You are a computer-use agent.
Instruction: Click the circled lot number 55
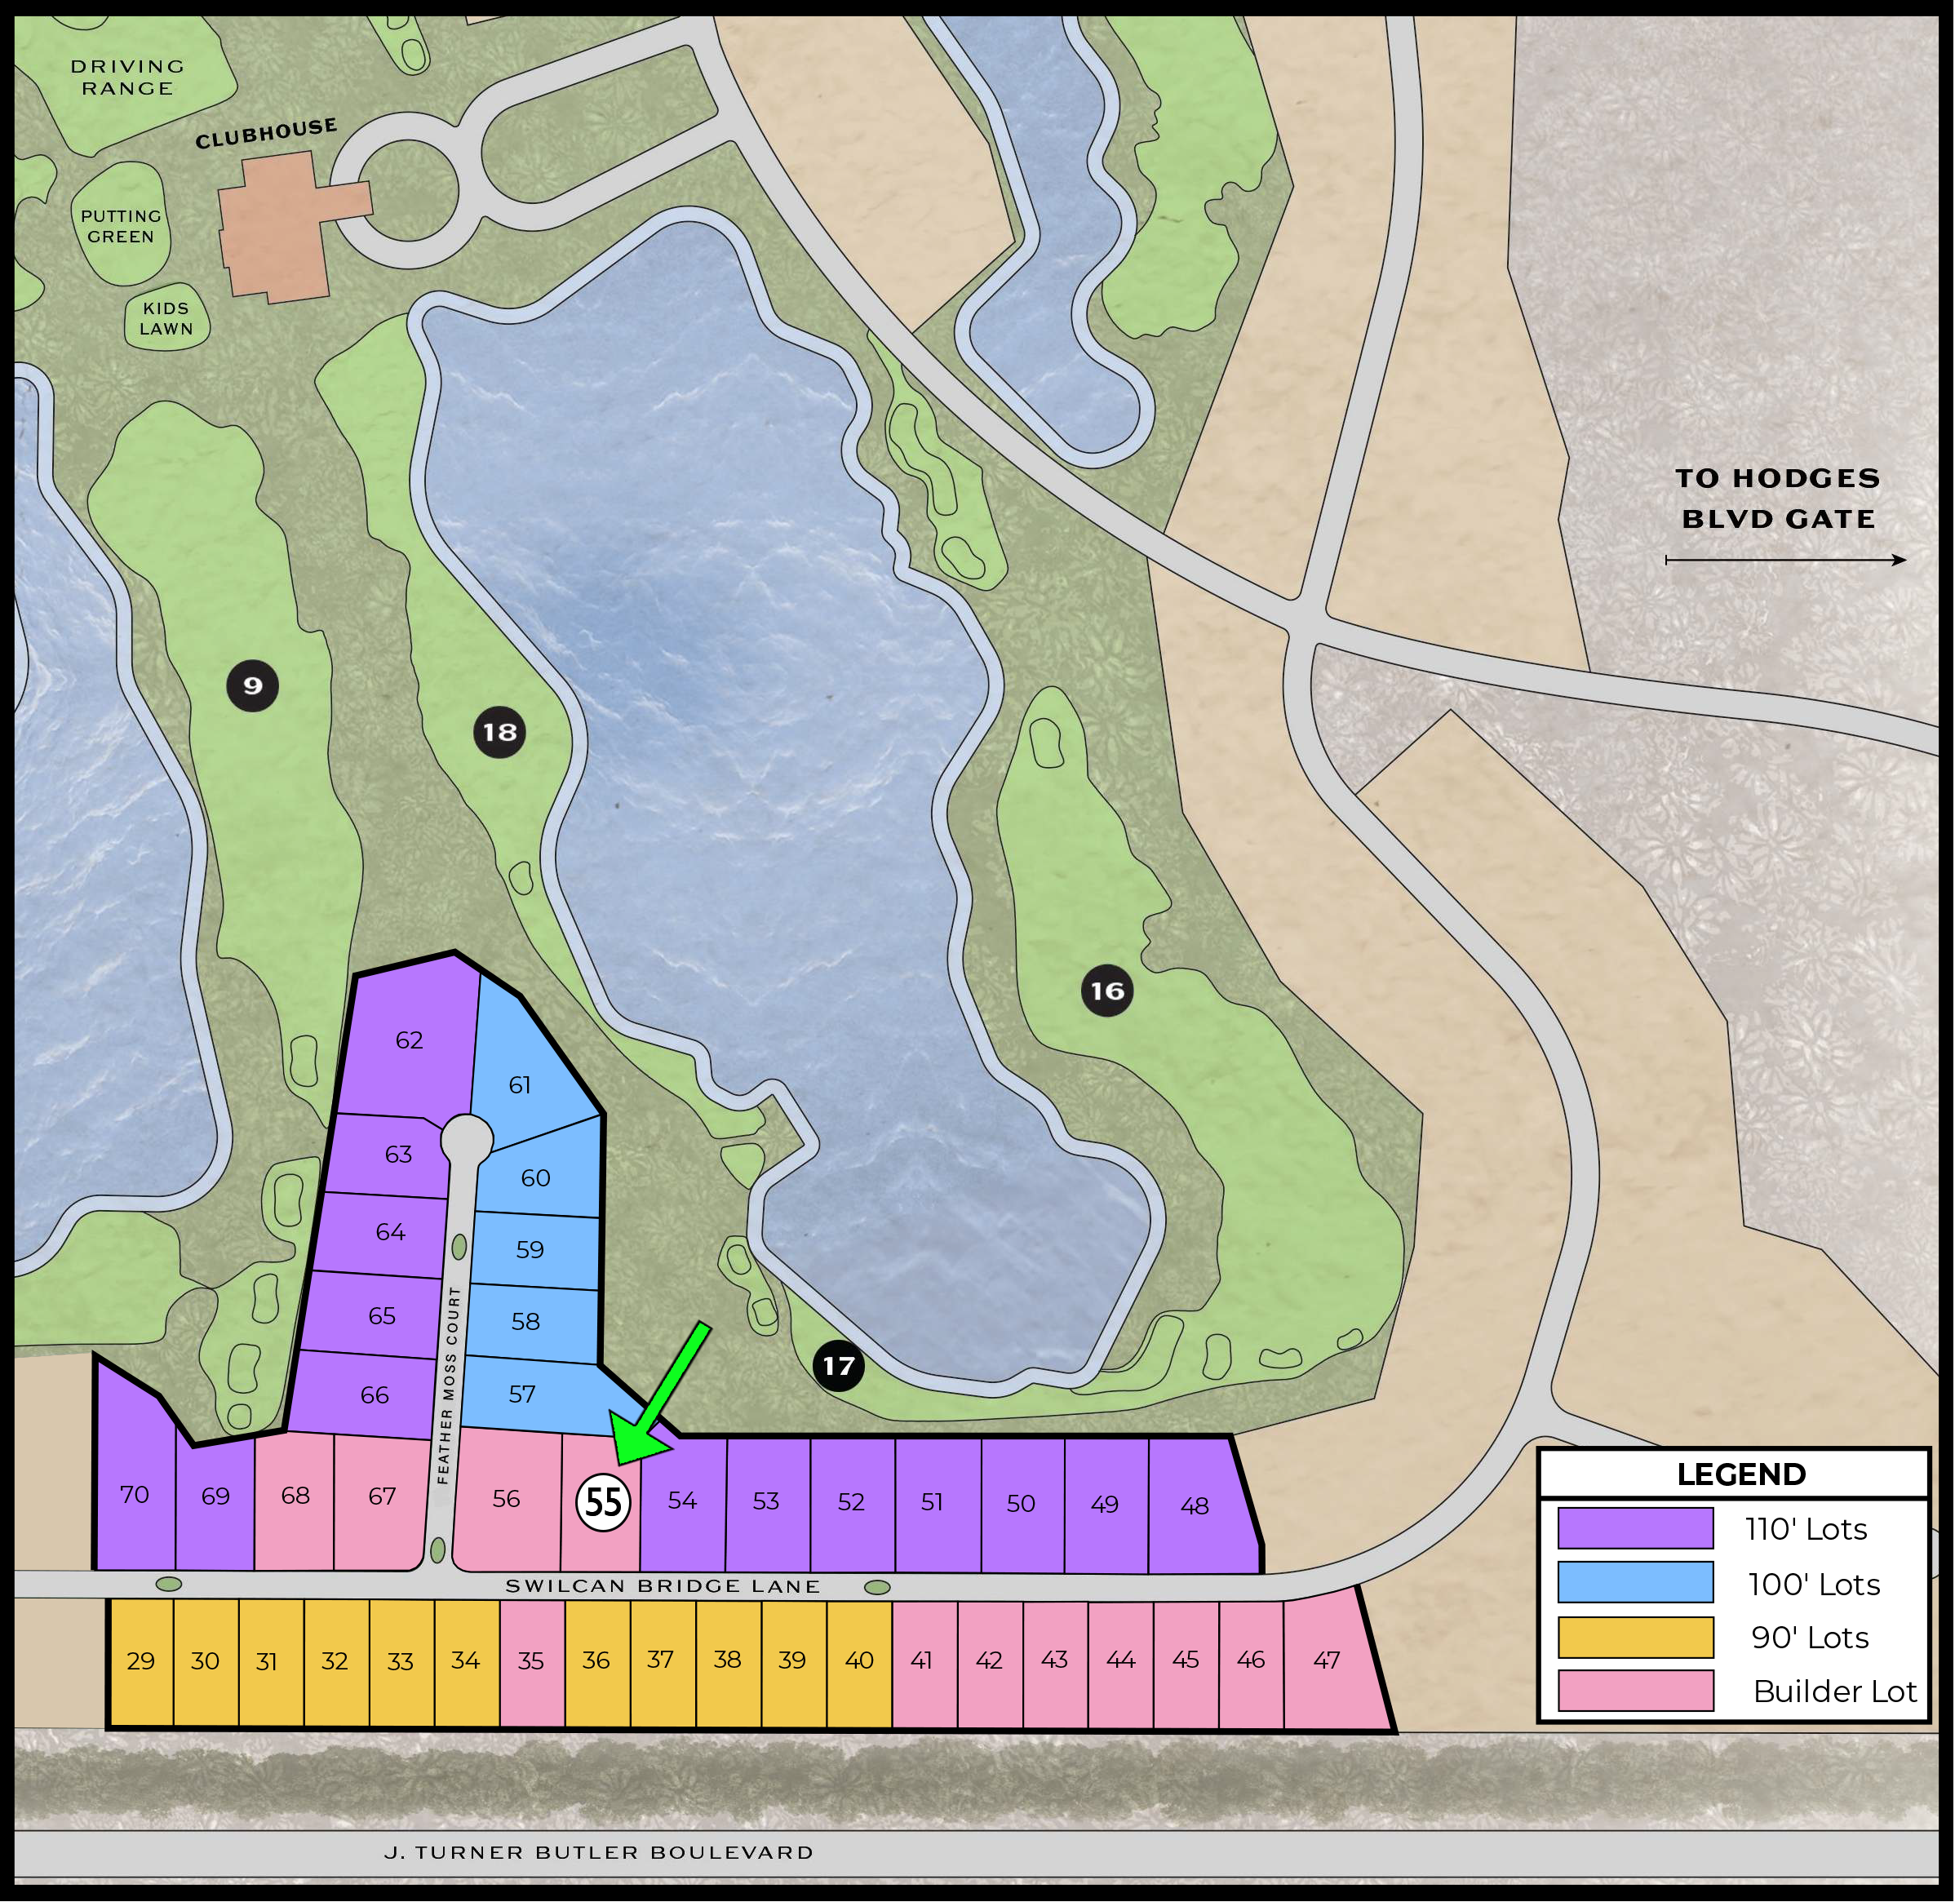(x=603, y=1501)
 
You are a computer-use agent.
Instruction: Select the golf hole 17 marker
(x=838, y=1366)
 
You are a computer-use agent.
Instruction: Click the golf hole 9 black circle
(x=253, y=685)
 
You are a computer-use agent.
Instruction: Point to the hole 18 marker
(x=499, y=732)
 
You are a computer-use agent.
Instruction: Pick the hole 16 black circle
(x=1107, y=991)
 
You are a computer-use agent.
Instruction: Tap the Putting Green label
(x=121, y=227)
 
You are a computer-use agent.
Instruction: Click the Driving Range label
(x=126, y=78)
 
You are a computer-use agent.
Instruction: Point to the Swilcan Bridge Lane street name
(x=663, y=1586)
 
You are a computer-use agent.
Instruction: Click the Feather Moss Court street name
(x=449, y=1385)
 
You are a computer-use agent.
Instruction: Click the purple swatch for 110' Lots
(x=1635, y=1528)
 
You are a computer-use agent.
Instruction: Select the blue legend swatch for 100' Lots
(x=1635, y=1582)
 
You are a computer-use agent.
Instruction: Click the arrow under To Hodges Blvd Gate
(x=1785, y=561)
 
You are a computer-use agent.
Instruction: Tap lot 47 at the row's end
(x=1328, y=1660)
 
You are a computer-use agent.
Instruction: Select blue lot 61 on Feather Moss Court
(x=521, y=1084)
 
